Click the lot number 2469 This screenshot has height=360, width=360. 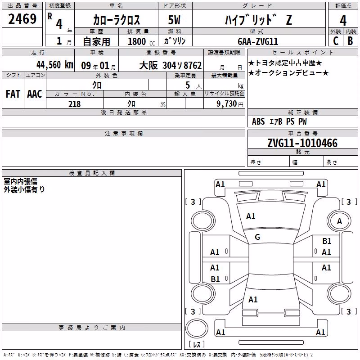click(x=22, y=19)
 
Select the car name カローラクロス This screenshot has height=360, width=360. click(x=117, y=20)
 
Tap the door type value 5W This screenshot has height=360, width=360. click(x=174, y=20)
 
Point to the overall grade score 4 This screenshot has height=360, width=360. click(x=343, y=20)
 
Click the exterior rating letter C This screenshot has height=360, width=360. click(x=336, y=41)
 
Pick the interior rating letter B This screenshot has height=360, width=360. click(x=351, y=41)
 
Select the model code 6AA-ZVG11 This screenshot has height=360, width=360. click(x=258, y=41)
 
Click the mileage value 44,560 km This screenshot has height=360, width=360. click(x=55, y=65)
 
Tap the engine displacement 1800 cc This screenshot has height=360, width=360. click(x=141, y=41)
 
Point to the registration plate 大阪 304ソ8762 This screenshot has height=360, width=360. click(x=171, y=65)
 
